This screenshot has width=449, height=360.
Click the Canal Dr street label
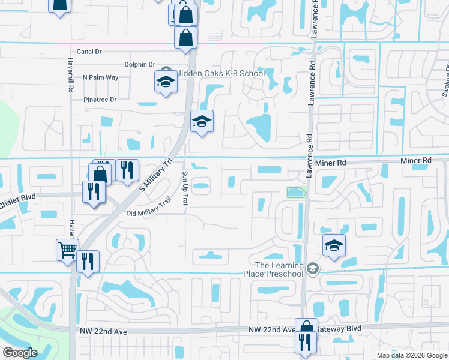click(88, 52)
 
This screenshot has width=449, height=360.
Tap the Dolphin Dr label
click(140, 65)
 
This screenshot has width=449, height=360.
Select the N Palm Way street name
click(101, 77)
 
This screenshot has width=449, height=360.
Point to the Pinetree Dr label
click(100, 99)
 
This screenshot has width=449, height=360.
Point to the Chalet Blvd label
click(18, 197)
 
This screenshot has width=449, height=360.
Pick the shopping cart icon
click(67, 249)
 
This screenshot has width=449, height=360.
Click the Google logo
click(20, 353)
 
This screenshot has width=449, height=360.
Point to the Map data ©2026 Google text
click(411, 355)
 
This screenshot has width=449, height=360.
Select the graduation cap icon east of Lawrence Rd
click(334, 244)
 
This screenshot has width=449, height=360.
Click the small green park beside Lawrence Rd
click(296, 193)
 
